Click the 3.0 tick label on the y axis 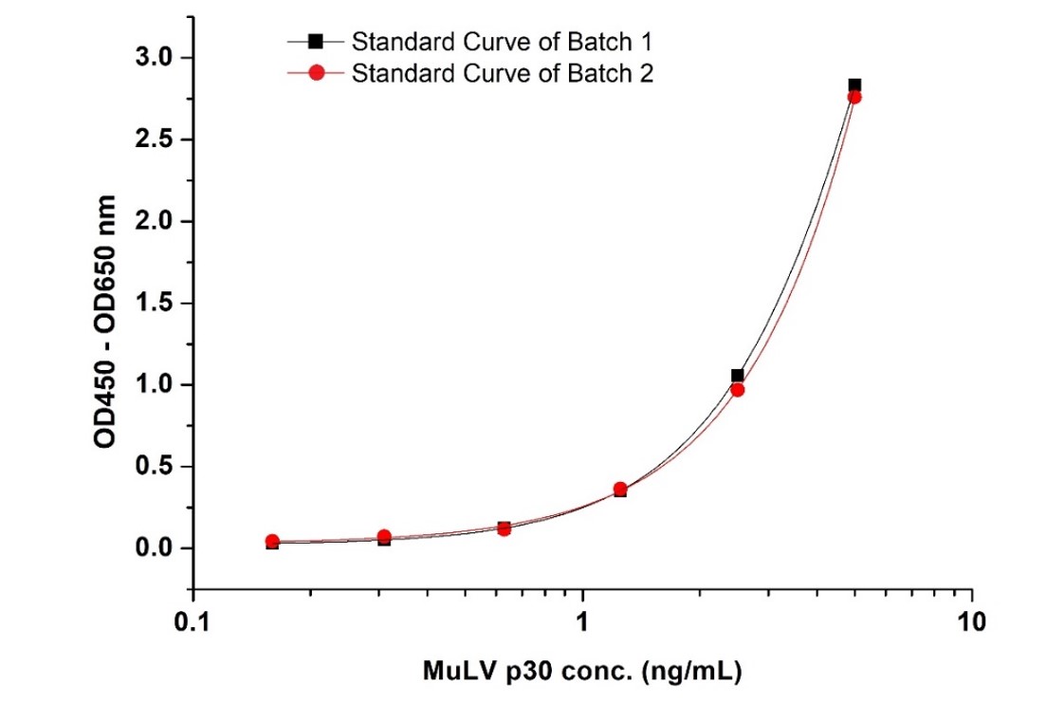pos(155,59)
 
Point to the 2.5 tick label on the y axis pos(155,140)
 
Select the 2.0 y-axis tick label pos(155,222)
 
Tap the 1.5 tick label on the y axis pos(155,304)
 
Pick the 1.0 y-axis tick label pos(155,385)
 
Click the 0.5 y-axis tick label pos(155,467)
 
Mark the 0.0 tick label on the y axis pos(155,548)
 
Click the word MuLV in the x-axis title pos(451,673)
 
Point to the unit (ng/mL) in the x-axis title pos(691,673)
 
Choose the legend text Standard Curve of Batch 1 pos(502,42)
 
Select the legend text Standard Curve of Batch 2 pos(502,73)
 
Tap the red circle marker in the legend pos(316,73)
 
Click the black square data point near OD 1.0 pos(737,376)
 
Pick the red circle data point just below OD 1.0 pos(737,390)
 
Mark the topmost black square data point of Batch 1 pos(854,85)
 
